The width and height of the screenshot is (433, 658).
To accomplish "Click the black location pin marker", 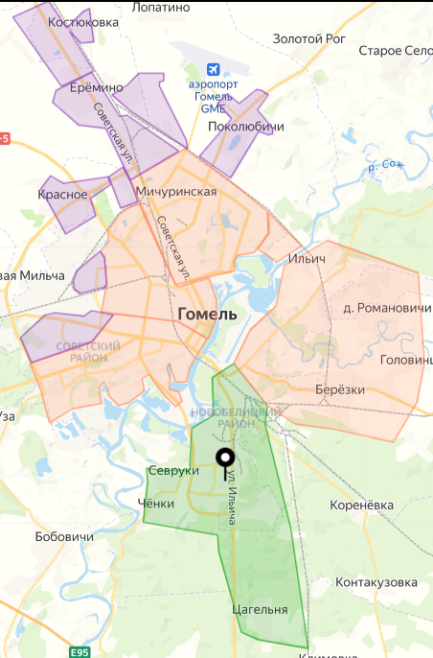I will (226, 462).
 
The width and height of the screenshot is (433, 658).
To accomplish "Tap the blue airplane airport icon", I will (215, 71).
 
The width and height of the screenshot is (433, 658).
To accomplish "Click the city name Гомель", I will (207, 315).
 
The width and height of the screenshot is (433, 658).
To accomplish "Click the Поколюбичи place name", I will (246, 127).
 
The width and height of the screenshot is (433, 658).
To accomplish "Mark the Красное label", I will (63, 195).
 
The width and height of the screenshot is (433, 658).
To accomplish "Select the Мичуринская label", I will (177, 192).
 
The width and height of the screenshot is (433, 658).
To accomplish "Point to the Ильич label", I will (308, 259).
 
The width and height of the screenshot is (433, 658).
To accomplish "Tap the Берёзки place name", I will (340, 389).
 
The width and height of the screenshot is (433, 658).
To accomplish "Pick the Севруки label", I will (173, 471).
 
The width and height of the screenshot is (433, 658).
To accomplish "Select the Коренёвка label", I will (361, 504).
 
